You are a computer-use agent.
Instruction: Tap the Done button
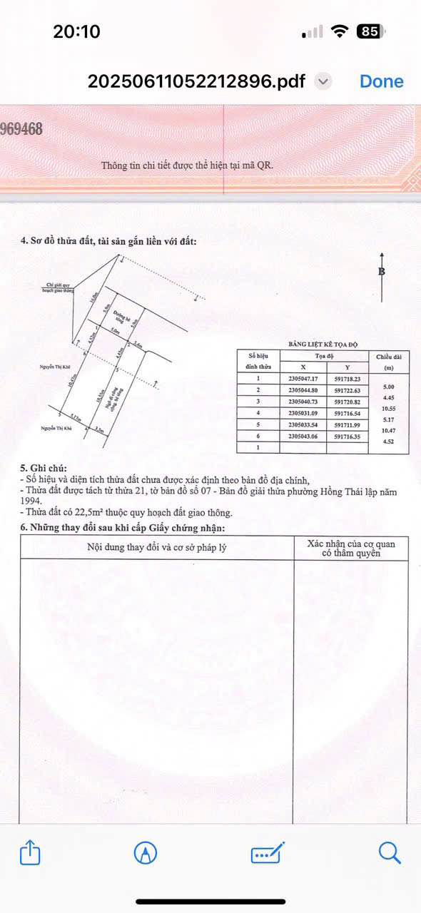[381, 81]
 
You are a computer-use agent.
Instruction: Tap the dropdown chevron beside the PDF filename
[323, 81]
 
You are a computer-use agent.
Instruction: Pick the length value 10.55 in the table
[389, 408]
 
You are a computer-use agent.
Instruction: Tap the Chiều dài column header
[389, 356]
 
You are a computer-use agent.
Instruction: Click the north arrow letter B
[382, 272]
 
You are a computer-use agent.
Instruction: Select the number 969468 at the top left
[21, 128]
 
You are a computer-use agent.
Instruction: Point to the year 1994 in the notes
[32, 502]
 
